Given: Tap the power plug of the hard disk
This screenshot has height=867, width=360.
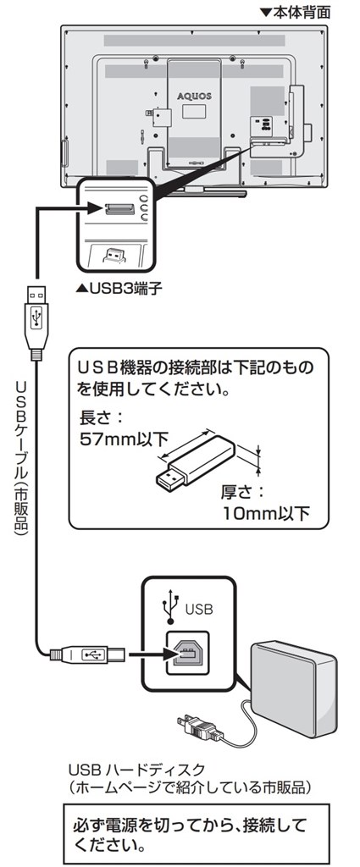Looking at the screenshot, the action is [x=199, y=727].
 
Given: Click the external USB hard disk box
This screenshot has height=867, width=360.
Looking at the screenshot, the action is [x=293, y=688].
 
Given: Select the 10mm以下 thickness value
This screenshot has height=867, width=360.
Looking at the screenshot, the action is [x=265, y=512].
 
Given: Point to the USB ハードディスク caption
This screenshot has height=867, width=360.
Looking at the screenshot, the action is [x=137, y=769].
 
